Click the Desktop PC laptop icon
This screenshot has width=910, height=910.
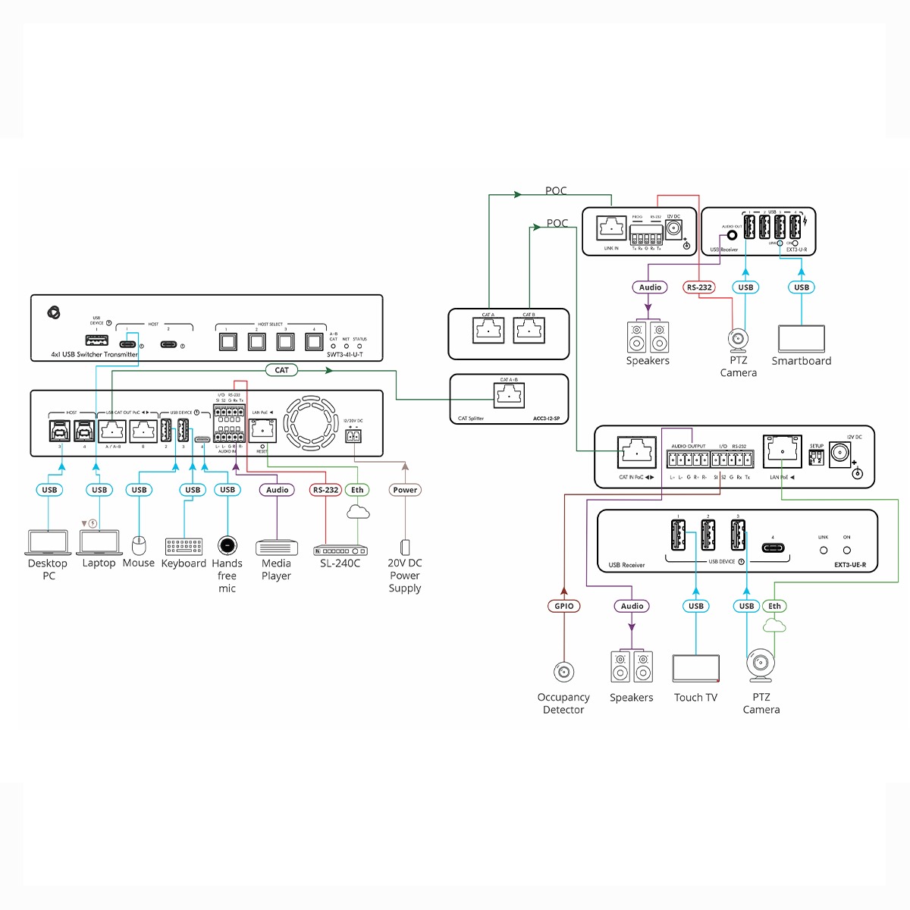(49, 542)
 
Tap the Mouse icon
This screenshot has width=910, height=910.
(138, 544)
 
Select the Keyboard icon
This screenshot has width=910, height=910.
(184, 546)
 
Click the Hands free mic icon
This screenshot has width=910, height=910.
(227, 544)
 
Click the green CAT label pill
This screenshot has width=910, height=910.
(281, 370)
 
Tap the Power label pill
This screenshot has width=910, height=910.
(405, 490)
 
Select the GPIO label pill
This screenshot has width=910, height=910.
(563, 606)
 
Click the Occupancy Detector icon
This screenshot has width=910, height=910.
(563, 672)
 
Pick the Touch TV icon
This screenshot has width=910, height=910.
(695, 668)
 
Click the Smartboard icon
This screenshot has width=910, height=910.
(802, 338)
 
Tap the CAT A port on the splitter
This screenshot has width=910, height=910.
(488, 330)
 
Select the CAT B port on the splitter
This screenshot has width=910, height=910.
(529, 330)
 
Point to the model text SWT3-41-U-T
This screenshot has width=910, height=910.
(344, 354)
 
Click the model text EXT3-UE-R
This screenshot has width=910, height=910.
(849, 565)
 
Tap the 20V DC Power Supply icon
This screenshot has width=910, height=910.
(405, 547)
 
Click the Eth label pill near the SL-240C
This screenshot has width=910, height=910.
(357, 490)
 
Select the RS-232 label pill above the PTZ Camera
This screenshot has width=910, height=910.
(699, 287)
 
